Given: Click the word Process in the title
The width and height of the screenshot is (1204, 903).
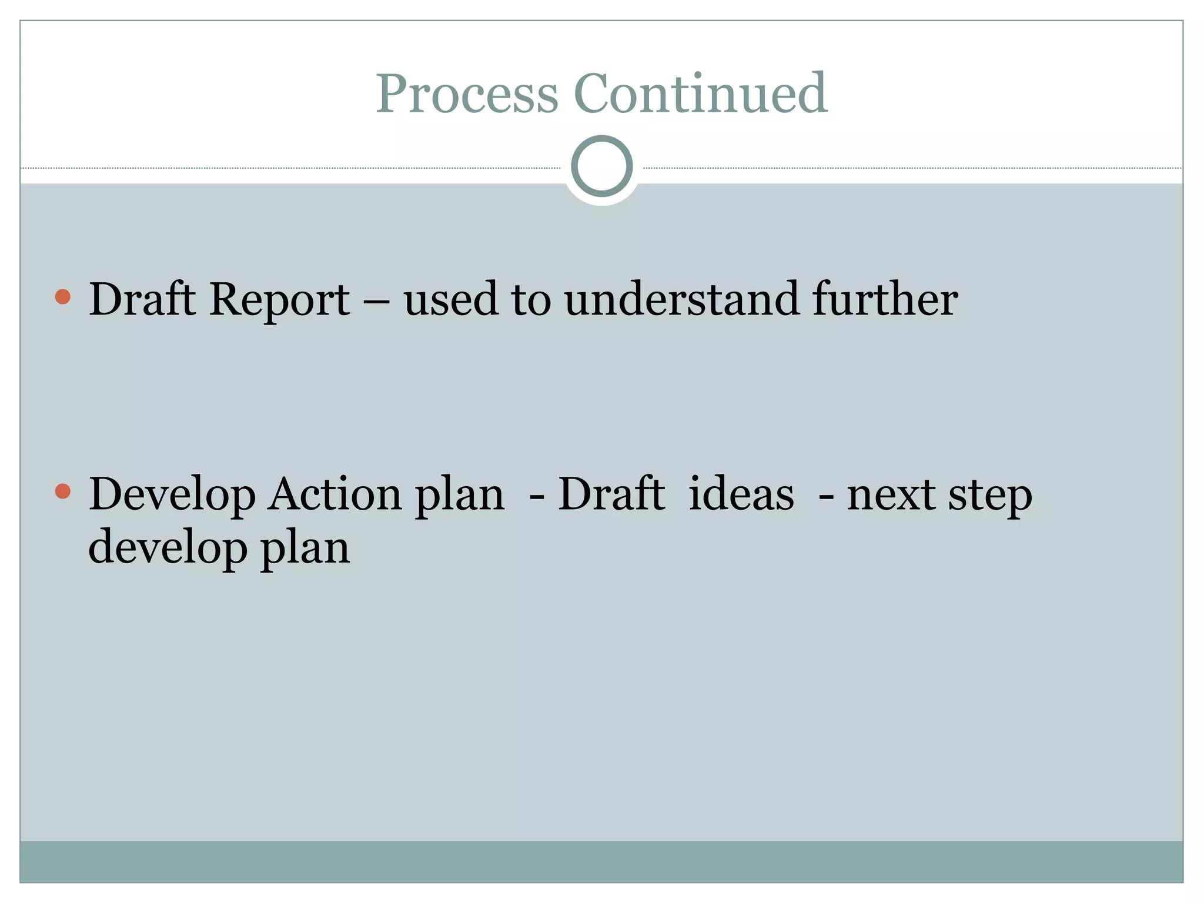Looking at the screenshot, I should click(467, 94).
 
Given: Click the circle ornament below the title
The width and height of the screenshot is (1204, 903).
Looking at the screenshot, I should click(601, 166).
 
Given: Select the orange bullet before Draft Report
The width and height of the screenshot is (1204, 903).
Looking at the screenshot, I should click(63, 296).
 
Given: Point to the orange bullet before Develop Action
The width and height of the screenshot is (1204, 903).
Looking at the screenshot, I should click(63, 491).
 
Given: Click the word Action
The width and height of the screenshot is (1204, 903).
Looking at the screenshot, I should click(334, 494).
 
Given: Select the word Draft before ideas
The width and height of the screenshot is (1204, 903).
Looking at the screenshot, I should click(611, 493).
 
